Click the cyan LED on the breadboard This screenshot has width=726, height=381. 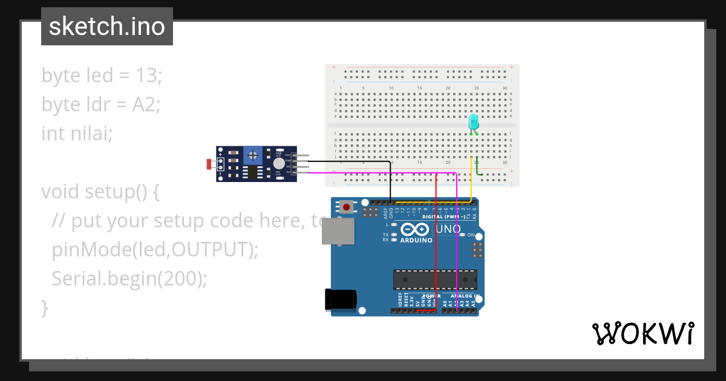[474, 122]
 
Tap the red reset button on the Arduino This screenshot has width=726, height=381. [346, 207]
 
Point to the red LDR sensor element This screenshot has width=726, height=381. [209, 164]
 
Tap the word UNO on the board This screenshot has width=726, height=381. [447, 230]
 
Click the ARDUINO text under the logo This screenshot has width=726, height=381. [415, 240]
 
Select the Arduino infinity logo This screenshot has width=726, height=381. [414, 229]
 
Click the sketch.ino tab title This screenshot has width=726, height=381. [107, 27]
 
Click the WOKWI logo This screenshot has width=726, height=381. [643, 334]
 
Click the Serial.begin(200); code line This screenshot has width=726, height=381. [129, 278]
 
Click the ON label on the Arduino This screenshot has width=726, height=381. [471, 235]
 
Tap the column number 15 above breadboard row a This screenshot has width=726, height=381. [419, 88]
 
